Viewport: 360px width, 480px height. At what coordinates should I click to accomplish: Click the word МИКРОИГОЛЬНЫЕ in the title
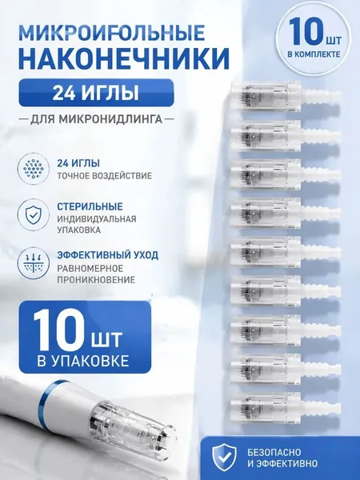click(112, 33)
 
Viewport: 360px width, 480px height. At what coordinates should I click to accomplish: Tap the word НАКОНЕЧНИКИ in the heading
click(124, 58)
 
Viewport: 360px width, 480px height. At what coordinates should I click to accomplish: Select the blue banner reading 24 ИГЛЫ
click(96, 93)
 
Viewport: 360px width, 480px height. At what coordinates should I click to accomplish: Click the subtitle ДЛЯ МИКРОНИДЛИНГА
click(96, 119)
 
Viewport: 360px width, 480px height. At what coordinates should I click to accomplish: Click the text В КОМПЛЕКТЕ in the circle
click(314, 54)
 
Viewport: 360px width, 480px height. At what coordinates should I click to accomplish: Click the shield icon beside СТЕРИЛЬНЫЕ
click(34, 213)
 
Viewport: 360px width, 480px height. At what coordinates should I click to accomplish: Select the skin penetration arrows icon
click(34, 262)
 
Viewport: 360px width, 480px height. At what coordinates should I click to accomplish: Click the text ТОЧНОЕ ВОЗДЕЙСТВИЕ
click(104, 176)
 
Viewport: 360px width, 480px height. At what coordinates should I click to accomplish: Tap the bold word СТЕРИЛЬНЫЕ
click(90, 206)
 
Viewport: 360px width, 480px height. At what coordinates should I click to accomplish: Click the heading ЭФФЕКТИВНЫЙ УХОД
click(107, 254)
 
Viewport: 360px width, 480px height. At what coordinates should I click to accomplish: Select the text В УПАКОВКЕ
click(82, 362)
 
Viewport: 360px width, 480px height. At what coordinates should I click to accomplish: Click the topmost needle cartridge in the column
click(286, 96)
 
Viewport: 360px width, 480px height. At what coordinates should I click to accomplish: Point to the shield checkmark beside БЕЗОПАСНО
click(225, 457)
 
